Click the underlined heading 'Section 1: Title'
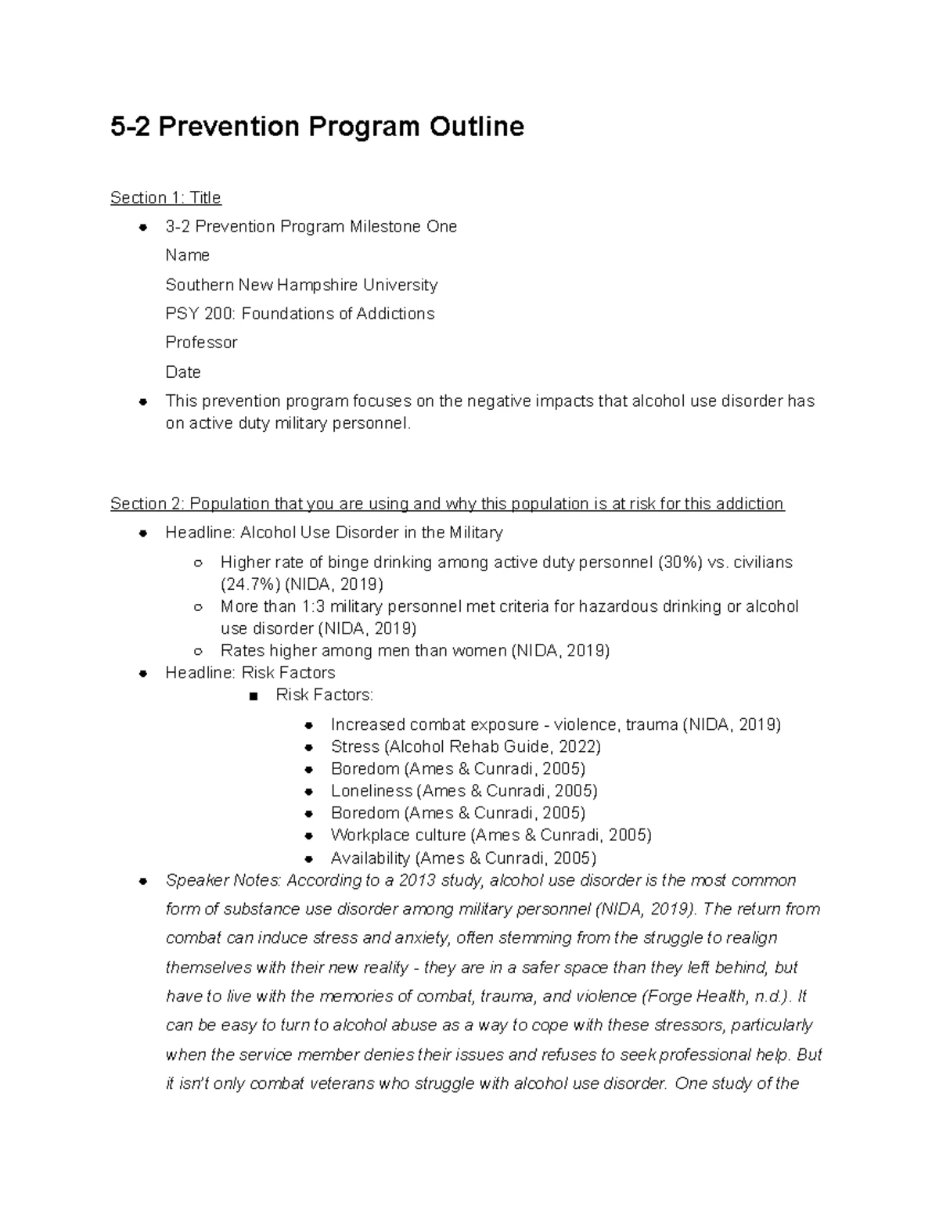point(166,197)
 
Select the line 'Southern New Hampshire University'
point(301,285)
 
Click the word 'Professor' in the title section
point(201,343)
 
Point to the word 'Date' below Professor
point(183,372)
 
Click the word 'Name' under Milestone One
point(187,256)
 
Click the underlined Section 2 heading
point(447,504)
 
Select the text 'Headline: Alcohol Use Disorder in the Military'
point(334,533)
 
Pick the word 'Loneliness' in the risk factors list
point(371,791)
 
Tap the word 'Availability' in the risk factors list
point(370,858)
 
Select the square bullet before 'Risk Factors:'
point(252,696)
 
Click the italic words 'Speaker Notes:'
point(223,881)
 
